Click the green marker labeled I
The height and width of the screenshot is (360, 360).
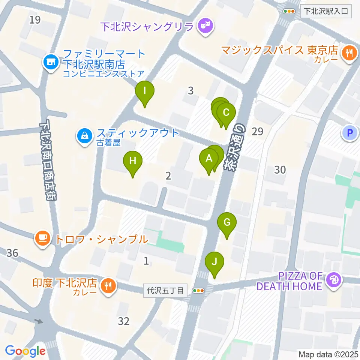click(144, 91)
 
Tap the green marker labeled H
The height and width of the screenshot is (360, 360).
click(132, 161)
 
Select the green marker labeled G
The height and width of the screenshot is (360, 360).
click(227, 222)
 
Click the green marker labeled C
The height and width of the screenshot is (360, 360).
click(226, 113)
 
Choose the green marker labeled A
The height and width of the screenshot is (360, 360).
click(209, 159)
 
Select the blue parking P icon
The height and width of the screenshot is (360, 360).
click(349, 132)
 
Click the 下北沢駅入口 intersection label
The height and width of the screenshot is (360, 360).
click(325, 11)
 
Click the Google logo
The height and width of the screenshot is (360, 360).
click(25, 351)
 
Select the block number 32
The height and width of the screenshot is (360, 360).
click(124, 321)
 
